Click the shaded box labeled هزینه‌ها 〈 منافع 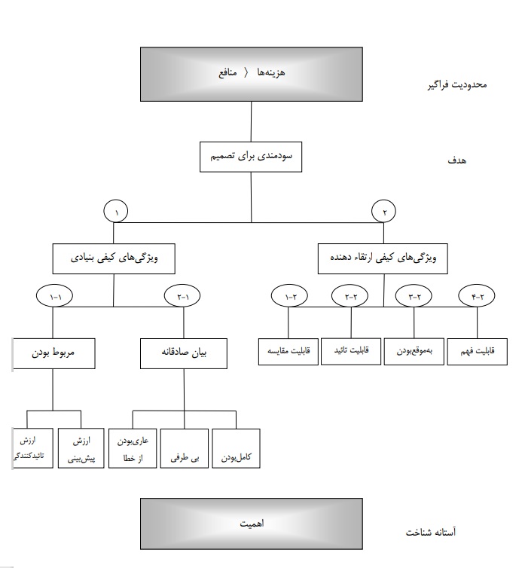[251, 75]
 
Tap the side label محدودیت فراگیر [456, 84]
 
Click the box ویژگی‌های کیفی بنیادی [113, 258]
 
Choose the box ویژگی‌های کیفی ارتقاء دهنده [383, 257]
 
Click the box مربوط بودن [53, 353]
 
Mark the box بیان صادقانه [184, 353]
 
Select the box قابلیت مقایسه [288, 350]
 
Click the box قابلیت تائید [351, 350]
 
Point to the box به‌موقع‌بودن [414, 350]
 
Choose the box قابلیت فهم [478, 350]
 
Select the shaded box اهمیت [251, 523]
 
